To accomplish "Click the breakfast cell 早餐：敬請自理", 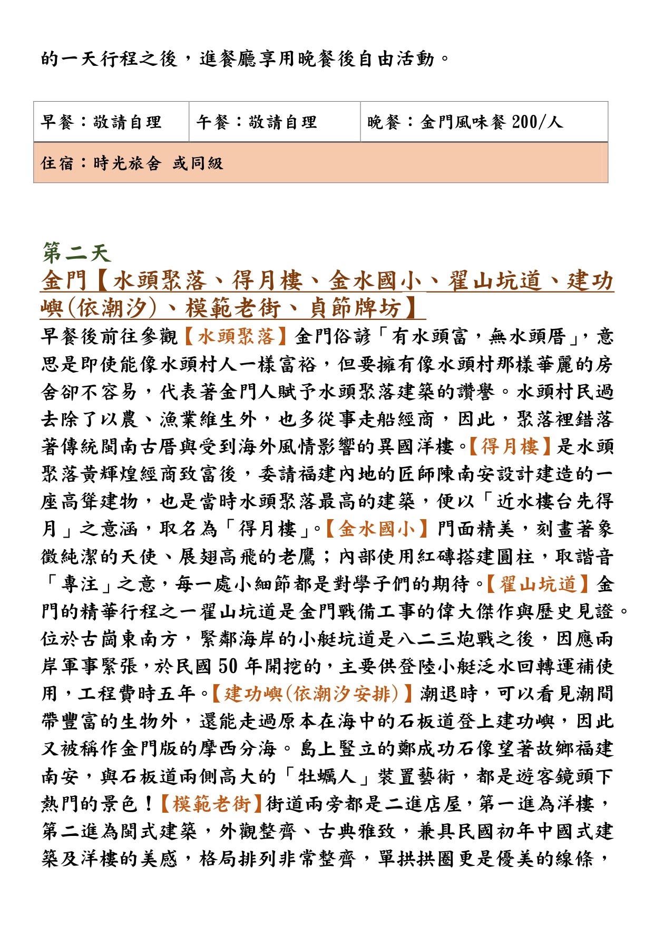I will (101, 122).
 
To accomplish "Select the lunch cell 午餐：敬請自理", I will (257, 122).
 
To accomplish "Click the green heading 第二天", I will (76, 253).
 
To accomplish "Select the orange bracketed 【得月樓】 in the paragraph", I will (510, 446).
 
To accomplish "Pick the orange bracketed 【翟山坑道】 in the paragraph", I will (538, 584).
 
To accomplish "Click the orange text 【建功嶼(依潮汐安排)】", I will (311, 694).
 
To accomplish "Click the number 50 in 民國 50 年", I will (229, 666).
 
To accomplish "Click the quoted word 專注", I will (79, 584).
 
